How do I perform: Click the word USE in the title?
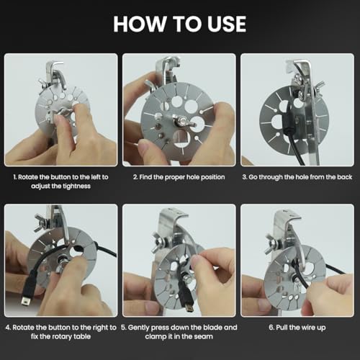(227, 24)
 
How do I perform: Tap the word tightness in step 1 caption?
(76, 186)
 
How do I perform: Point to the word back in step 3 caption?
(345, 177)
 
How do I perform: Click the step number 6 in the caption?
(271, 328)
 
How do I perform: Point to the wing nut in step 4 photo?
(41, 222)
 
